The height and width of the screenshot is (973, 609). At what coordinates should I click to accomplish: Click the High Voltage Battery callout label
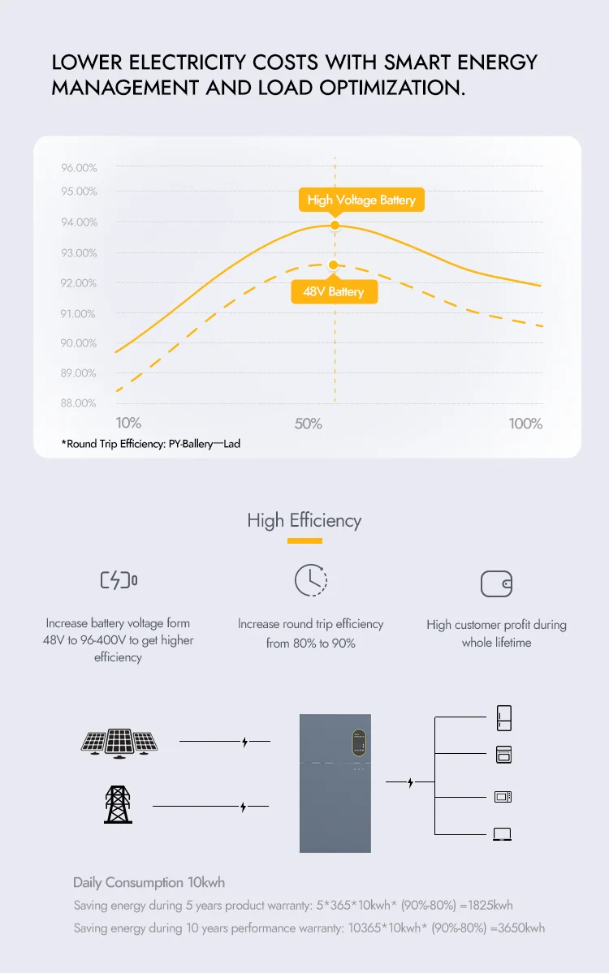point(361,200)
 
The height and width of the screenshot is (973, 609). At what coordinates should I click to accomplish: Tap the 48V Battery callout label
point(334,291)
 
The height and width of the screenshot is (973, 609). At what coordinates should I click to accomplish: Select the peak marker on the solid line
point(335,226)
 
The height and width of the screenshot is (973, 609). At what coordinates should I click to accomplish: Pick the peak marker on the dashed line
point(333,265)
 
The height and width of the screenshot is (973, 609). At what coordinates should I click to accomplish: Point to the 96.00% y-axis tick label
point(79,168)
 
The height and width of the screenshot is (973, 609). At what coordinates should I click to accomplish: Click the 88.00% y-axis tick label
point(79,403)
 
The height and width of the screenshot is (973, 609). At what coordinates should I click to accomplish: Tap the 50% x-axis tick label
point(309,424)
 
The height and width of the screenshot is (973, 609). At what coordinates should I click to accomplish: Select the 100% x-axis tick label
point(525,424)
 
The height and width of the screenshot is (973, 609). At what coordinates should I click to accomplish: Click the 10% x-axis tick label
point(128,423)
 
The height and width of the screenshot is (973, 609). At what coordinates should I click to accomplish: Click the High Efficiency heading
point(304,521)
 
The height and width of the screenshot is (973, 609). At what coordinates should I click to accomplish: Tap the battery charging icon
point(119,580)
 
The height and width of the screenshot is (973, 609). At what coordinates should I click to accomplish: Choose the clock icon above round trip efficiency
point(310,579)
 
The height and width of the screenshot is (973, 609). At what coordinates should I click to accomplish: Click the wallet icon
point(496,583)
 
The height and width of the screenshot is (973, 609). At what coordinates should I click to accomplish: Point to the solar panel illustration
point(119,742)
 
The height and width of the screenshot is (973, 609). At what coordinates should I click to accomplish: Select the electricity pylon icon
point(119,804)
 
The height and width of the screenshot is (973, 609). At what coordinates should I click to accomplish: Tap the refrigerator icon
point(503,718)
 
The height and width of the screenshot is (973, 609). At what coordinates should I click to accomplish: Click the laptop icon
point(503,833)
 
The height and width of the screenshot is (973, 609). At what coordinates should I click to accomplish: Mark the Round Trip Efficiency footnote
point(151,444)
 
